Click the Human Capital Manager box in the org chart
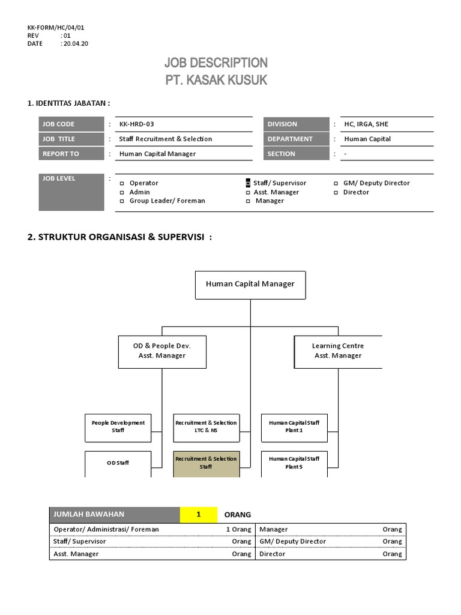coord(250,285)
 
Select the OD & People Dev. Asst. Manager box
coord(162,351)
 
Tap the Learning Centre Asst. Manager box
coord(338,351)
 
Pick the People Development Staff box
coord(118,427)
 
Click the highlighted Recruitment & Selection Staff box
coord(206,463)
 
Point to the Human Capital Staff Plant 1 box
coord(294,427)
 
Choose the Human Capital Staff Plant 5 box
coord(294,463)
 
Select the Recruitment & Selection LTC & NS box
coord(206,427)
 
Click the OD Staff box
coord(118,463)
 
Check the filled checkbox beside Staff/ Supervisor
coord(248,183)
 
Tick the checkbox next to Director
coord(336,193)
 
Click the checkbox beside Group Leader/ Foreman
coord(122,201)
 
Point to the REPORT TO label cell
coord(71,154)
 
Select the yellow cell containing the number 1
coord(198,515)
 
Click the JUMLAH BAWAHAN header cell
coord(114,515)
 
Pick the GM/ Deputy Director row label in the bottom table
coord(293,542)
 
